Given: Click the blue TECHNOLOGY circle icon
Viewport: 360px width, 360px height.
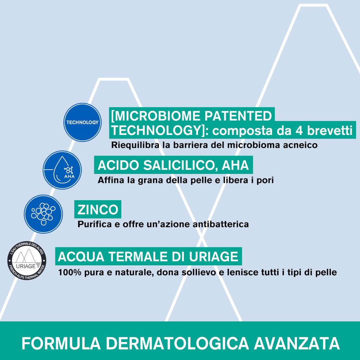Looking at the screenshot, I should tap(82, 122).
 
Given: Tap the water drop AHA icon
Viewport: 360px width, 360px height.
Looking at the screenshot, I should tap(62, 170).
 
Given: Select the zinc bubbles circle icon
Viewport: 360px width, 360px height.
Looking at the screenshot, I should tap(43, 213).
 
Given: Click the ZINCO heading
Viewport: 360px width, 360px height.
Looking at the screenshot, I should tap(98, 210).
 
